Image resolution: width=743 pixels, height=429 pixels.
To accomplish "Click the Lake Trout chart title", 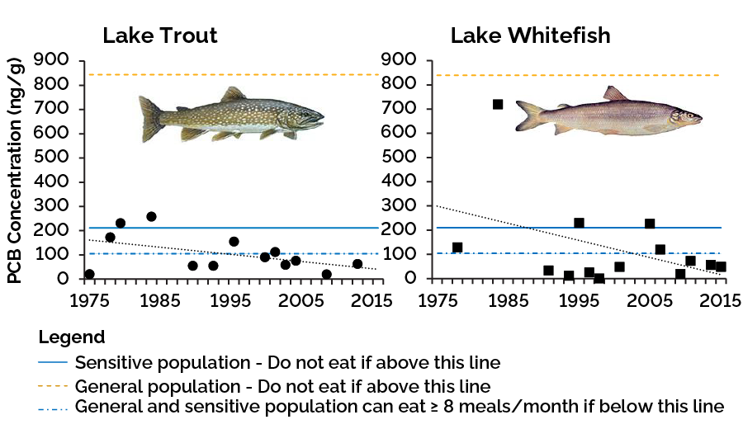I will pos(159,35).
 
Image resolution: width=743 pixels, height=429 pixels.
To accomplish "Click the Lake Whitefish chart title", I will pos(530,35).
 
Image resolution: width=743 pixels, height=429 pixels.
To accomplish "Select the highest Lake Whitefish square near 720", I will pos(498,104).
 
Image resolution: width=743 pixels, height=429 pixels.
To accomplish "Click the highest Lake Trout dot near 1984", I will pos(151,216).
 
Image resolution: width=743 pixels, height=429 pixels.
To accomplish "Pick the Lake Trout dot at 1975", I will pos(89,274).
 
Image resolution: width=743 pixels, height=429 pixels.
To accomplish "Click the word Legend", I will pos(72,337).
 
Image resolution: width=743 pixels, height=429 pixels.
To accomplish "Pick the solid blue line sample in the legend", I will pos(53,362).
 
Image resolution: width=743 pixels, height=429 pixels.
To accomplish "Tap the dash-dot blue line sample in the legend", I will pos(53,406).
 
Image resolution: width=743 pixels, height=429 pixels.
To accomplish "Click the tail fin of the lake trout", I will pos(150,117).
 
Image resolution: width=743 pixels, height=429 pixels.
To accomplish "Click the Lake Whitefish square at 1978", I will pos(457,247).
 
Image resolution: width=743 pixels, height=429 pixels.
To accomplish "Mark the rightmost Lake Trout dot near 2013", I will pos(357,264).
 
